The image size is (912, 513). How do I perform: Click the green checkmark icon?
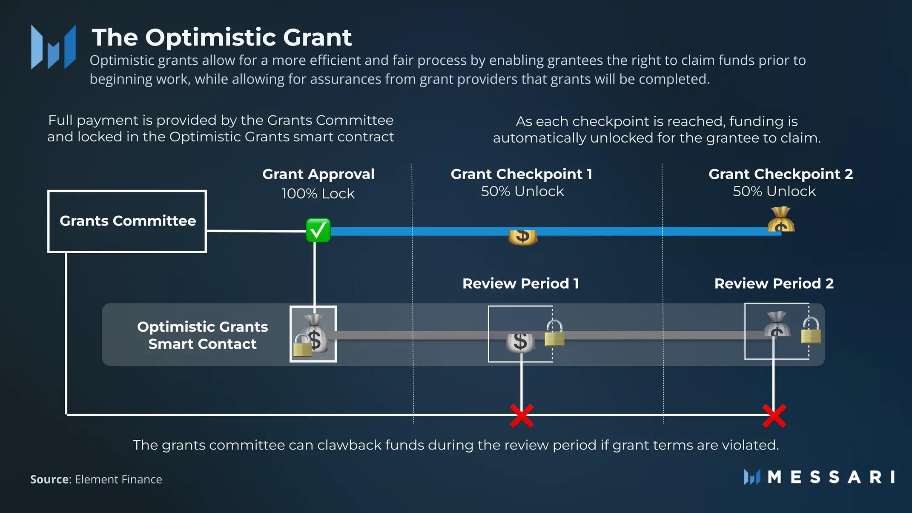pos(318,230)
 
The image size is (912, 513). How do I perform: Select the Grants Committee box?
pos(127,221)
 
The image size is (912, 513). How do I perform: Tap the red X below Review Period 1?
pos(522,416)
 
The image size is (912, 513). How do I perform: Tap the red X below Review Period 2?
pos(774,416)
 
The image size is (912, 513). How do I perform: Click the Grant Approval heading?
pos(318,174)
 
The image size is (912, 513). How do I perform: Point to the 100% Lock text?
pos(318,194)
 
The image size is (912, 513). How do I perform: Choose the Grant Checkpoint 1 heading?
pos(522,174)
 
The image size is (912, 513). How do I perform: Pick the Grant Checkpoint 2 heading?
pos(781,174)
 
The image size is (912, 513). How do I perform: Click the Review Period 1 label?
pos(521,284)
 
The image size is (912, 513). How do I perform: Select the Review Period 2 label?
pos(774,284)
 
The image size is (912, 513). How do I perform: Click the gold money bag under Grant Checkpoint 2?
pos(781,219)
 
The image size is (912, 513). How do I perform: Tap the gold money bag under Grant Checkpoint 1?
pos(523,237)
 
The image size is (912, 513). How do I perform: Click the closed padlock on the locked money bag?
pos(303,345)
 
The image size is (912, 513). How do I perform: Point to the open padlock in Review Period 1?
pos(554,333)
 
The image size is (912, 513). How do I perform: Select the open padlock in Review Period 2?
pos(811,330)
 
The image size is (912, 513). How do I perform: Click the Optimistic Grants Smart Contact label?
pos(202,335)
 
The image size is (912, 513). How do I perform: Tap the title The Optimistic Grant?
pos(222,37)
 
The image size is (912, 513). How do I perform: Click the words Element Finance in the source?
pos(118,479)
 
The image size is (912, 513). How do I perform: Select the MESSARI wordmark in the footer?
pos(831,477)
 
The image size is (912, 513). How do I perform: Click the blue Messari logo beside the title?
pos(53,47)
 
